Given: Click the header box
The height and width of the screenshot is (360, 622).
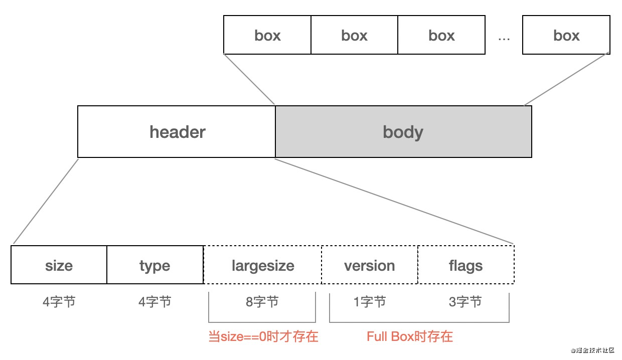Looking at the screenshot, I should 177,132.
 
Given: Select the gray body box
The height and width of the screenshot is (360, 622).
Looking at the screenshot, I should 403,132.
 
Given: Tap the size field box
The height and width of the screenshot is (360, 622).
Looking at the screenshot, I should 59,265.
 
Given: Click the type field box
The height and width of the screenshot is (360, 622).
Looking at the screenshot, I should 154,265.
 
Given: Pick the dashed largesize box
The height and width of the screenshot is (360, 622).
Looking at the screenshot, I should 262,265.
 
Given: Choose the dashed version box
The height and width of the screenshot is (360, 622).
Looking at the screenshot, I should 369,265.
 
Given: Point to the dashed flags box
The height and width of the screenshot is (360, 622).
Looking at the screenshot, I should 465,265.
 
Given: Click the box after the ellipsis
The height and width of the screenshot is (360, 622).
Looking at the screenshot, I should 566,35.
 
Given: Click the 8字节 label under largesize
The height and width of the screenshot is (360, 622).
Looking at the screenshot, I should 262,302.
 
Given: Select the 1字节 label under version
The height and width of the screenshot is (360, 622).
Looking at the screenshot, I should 369,302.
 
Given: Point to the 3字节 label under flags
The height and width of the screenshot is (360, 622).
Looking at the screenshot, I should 465,302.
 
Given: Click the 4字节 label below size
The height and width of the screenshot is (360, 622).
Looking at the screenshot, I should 59,302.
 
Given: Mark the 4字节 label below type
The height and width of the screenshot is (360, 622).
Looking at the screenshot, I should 154,302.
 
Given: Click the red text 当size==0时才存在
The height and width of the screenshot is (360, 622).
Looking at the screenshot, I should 263,336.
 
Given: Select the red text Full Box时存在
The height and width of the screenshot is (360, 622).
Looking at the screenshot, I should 409,336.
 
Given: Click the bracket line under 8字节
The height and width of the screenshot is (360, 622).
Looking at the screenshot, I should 262,322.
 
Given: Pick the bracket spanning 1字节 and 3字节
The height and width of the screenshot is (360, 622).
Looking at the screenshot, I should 419,322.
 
